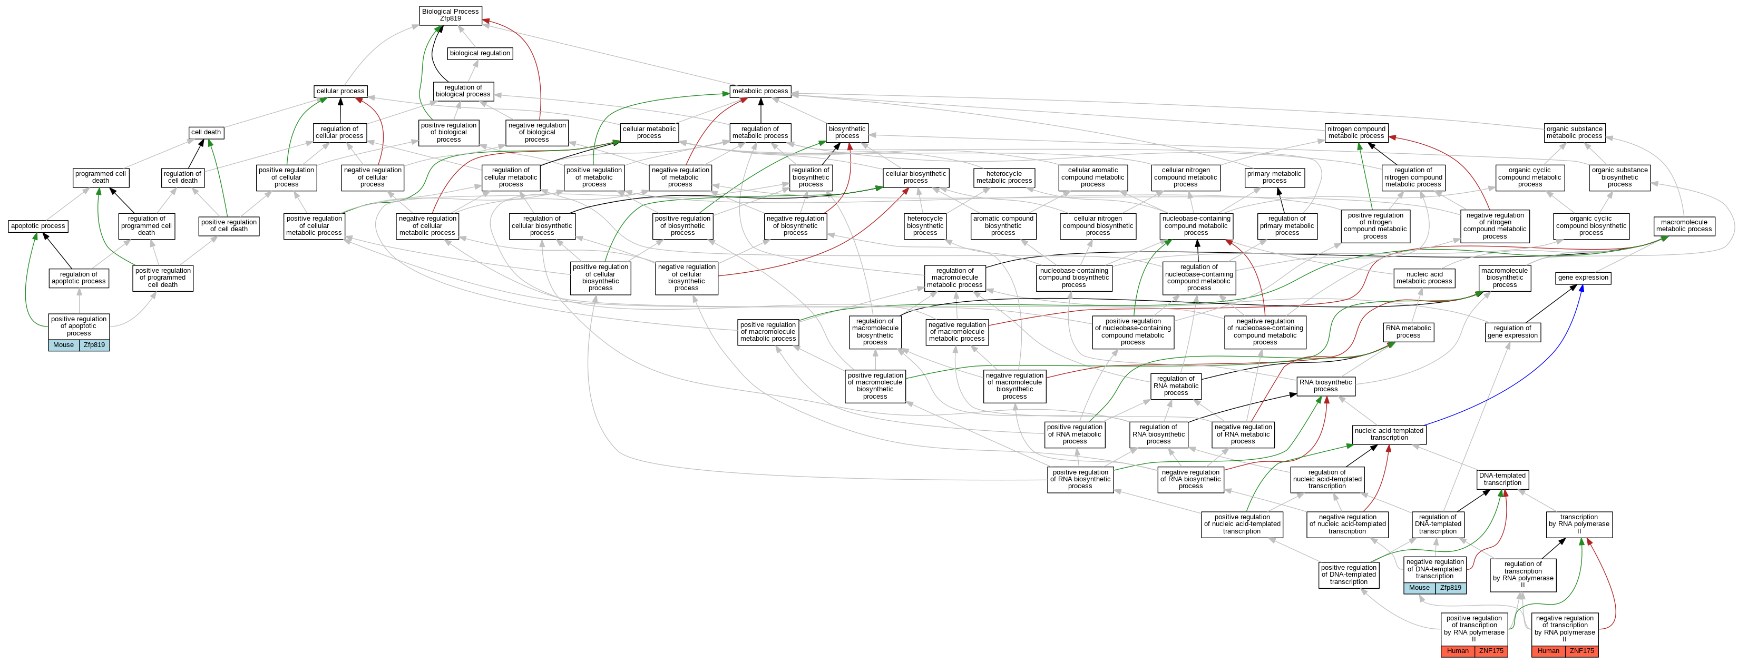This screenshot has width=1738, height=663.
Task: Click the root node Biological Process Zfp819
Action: (x=450, y=15)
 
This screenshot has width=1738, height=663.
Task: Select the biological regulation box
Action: (x=480, y=53)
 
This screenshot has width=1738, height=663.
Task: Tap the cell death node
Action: (x=206, y=132)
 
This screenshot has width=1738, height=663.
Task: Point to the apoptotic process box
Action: (x=38, y=226)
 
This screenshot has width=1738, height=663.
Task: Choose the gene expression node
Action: (x=1583, y=278)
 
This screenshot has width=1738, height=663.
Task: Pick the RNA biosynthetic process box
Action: (x=1325, y=386)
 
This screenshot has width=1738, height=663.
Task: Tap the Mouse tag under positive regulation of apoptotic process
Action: (x=63, y=344)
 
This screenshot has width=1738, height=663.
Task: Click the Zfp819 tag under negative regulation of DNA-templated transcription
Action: (x=1451, y=588)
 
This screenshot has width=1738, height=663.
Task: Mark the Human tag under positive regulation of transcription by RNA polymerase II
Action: (x=1457, y=651)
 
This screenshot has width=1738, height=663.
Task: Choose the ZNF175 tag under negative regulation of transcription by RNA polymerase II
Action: (x=1581, y=651)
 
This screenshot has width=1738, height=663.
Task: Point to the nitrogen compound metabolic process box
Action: (x=1356, y=132)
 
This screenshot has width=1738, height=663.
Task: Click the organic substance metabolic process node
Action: (x=1574, y=132)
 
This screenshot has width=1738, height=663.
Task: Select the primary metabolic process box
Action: (x=1274, y=177)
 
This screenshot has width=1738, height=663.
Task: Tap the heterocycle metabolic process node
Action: (x=1004, y=177)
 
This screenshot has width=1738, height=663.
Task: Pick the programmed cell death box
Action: (x=101, y=177)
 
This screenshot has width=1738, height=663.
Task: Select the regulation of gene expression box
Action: (x=1512, y=332)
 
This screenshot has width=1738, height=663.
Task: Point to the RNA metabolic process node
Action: (x=1408, y=332)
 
